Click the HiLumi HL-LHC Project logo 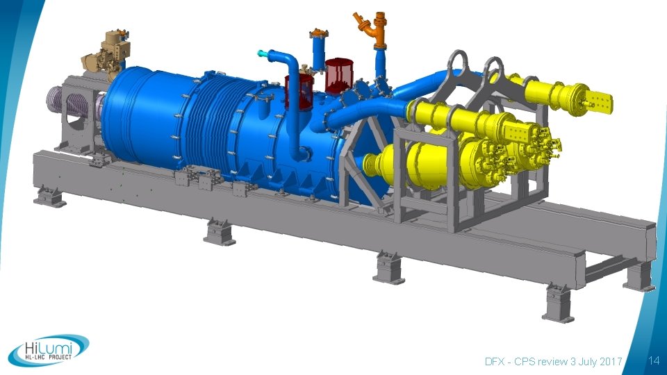click(x=49, y=350)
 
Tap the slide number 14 click(x=654, y=361)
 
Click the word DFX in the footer click(x=495, y=361)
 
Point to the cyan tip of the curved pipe click(x=261, y=53)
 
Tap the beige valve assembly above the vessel click(x=105, y=56)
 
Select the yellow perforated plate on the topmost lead click(x=602, y=103)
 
